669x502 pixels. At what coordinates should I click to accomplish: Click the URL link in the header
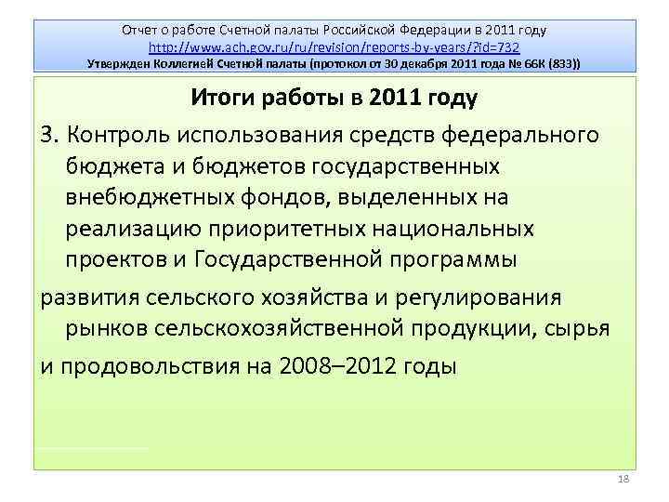pyautogui.click(x=334, y=46)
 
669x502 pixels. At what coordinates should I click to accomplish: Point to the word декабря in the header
pyautogui.click(x=413, y=63)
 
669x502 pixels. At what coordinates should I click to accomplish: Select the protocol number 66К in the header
pyautogui.click(x=527, y=63)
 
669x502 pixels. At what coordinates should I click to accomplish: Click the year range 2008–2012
pyautogui.click(x=332, y=363)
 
